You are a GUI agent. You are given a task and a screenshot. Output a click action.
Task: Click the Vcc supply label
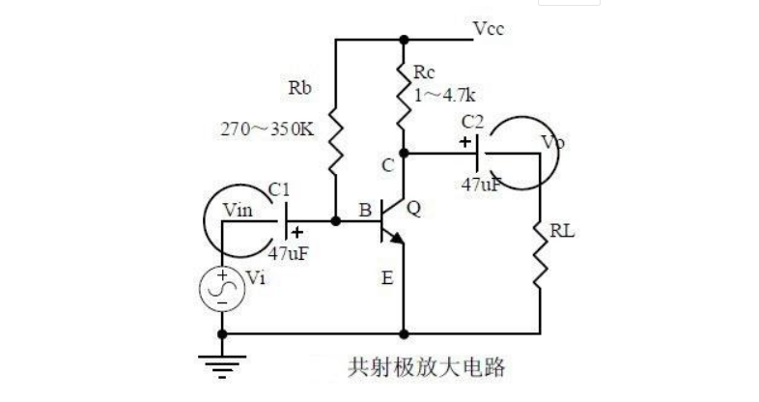(489, 29)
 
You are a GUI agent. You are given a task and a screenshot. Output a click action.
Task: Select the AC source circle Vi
(222, 288)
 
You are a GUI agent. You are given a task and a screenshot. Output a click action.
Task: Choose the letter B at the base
(364, 210)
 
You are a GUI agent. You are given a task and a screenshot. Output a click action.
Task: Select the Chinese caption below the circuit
(427, 368)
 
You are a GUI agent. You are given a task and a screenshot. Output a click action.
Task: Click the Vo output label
(552, 143)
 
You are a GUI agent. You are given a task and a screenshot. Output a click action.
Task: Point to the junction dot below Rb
(335, 221)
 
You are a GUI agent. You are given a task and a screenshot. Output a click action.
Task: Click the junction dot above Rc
(404, 41)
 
